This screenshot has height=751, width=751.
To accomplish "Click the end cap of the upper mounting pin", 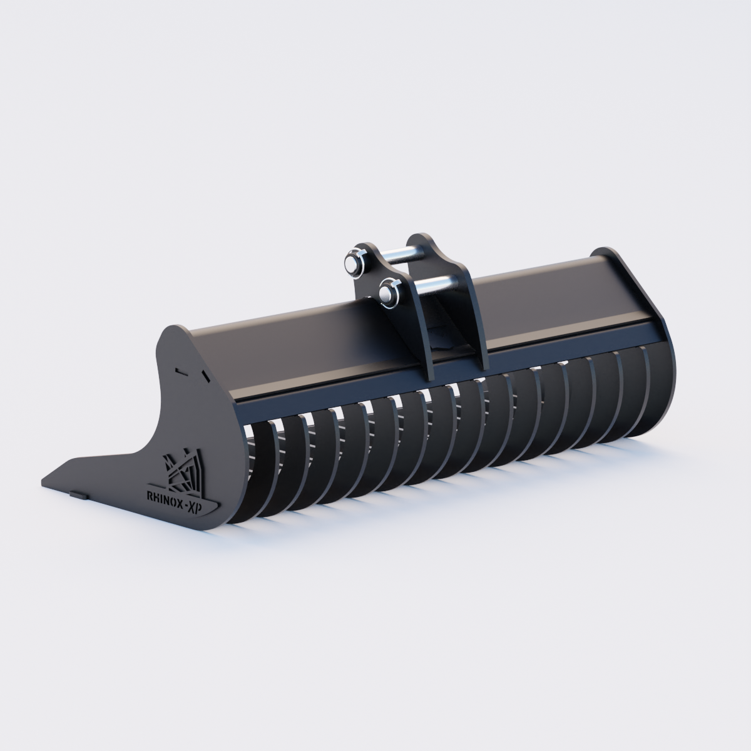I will click(x=351, y=263).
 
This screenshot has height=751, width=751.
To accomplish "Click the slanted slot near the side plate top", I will click(x=205, y=376).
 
